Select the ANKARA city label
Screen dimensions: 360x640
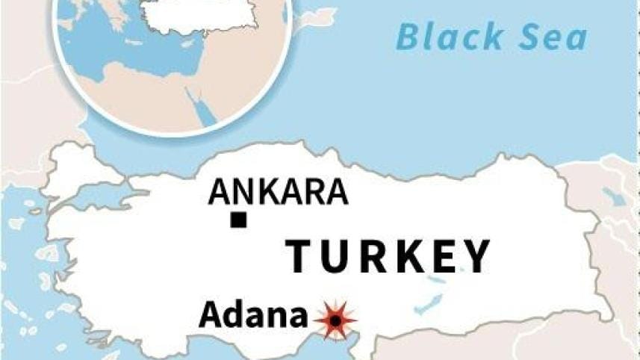click(278, 192)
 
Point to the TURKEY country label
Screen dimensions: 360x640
click(389, 256)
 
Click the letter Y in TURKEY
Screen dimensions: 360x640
click(475, 256)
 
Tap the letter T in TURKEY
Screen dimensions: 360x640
click(300, 256)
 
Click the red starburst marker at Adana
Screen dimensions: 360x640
click(335, 320)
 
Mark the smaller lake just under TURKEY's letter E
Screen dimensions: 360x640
click(435, 282)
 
